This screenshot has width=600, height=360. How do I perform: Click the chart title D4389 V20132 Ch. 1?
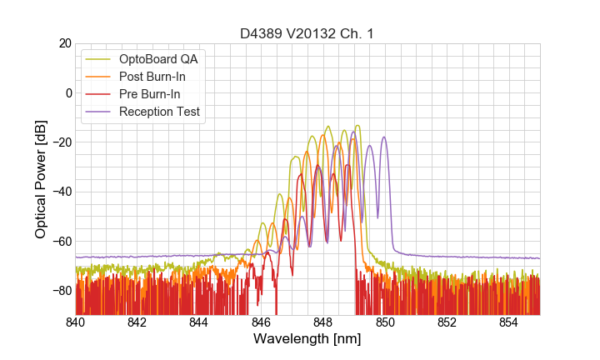click(307, 33)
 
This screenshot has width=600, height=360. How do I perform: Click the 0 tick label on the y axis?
click(68, 92)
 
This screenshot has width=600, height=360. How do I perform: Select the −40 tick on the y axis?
click(61, 192)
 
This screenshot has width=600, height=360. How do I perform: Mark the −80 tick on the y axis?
click(61, 290)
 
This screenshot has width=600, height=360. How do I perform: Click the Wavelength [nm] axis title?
click(307, 340)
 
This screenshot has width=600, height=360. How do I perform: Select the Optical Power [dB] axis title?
click(41, 179)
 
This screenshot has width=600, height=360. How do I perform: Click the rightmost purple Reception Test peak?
click(384, 137)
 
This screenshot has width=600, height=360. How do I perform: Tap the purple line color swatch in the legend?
click(99, 112)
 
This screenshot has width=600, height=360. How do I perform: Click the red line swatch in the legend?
click(99, 94)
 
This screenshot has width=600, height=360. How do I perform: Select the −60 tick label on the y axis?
click(61, 241)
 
